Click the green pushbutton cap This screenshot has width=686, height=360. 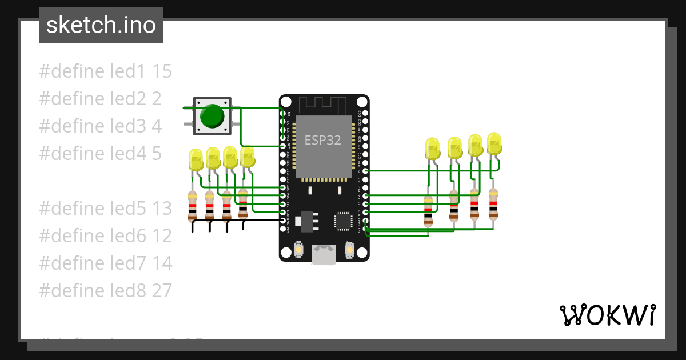[212, 116]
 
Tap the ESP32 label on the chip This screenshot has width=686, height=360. [323, 140]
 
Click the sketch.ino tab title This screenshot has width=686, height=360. [101, 25]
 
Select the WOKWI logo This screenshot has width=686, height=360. [607, 315]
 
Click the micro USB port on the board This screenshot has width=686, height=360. [324, 255]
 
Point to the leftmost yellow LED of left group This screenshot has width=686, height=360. [196, 160]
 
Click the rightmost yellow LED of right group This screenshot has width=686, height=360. [494, 143]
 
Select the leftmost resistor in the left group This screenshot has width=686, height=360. [193, 206]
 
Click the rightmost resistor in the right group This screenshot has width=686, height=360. [493, 204]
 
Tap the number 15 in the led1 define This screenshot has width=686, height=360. [162, 71]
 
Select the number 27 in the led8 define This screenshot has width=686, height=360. [162, 291]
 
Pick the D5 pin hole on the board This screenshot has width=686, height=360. [366, 171]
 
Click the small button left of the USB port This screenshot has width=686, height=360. [298, 250]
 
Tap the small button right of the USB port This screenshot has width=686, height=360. [350, 250]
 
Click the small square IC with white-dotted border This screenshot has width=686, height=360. [344, 221]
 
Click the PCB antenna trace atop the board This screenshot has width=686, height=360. [324, 105]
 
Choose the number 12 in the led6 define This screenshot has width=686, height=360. [162, 236]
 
